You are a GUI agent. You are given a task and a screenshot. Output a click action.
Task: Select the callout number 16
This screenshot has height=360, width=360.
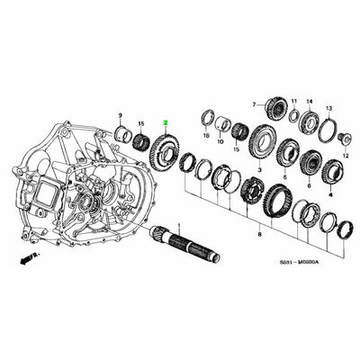click(x=206, y=136)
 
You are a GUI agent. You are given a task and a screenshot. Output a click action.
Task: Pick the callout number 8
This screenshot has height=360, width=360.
click(x=260, y=234)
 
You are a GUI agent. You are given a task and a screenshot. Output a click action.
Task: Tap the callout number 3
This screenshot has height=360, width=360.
click(x=259, y=168)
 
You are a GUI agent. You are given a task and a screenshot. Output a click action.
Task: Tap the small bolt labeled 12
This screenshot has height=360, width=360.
click(x=343, y=136)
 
